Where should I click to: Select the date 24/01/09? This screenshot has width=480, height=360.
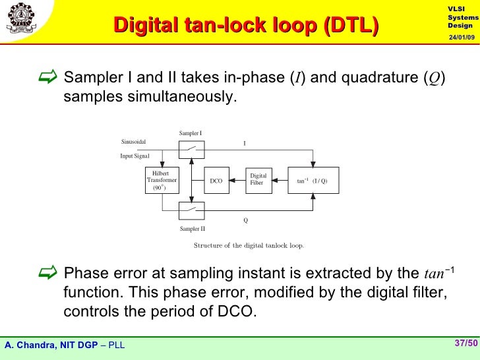coord(462,37)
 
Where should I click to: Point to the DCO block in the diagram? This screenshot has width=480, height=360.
coord(216,181)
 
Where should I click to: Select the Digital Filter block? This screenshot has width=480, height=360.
coord(257,180)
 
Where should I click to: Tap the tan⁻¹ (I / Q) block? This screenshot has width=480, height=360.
coord(313,181)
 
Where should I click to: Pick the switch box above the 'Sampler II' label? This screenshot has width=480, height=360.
coord(191,210)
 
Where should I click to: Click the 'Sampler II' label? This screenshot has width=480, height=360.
coord(193,229)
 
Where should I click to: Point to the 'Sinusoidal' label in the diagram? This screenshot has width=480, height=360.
coord(134,142)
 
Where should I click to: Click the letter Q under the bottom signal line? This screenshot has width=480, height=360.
coord(246,221)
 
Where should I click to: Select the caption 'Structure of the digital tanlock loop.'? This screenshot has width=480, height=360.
coord(249,246)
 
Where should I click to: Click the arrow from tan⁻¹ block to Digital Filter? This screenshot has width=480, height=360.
coord(280,180)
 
